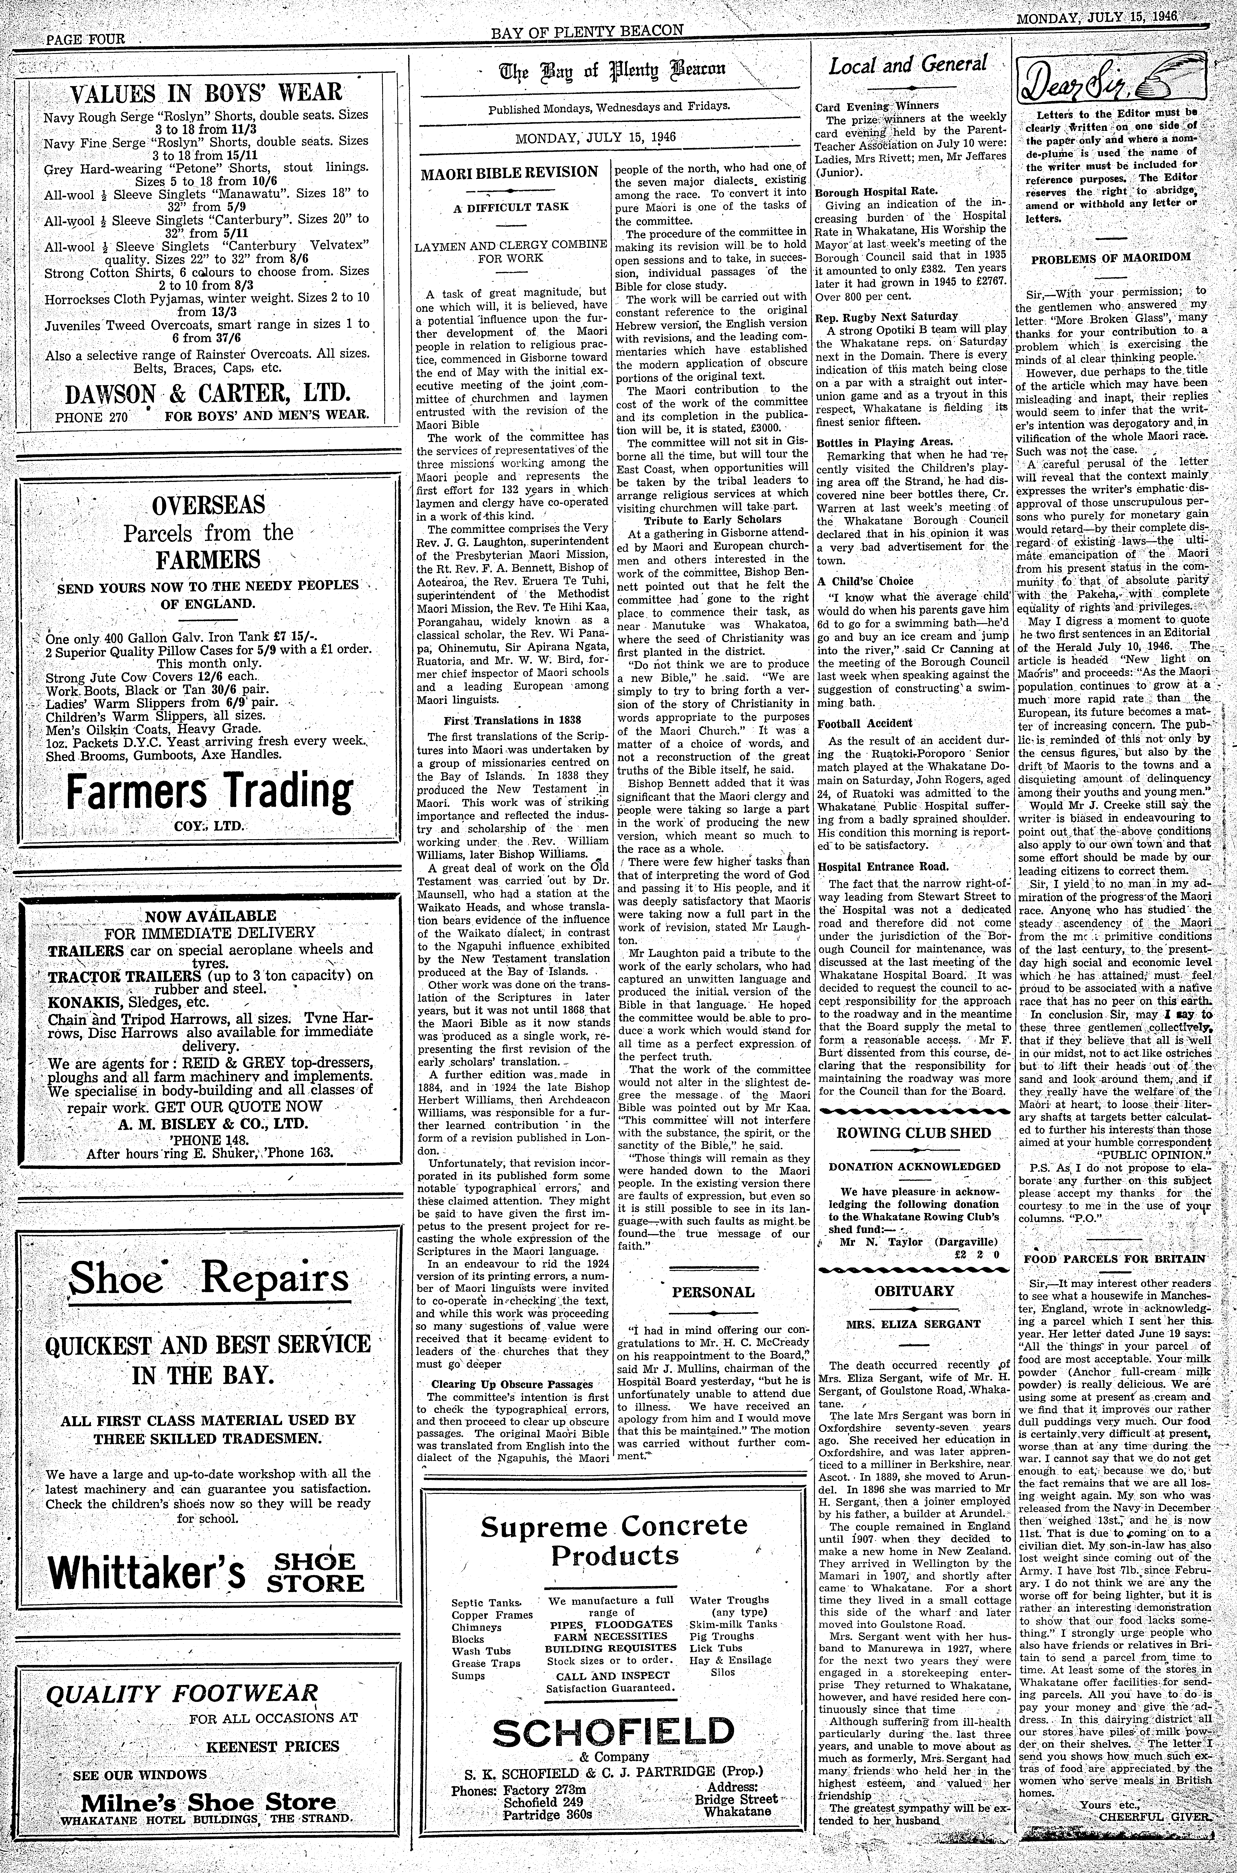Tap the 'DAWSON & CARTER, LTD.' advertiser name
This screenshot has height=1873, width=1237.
[208, 394]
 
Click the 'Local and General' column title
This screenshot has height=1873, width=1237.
[907, 66]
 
